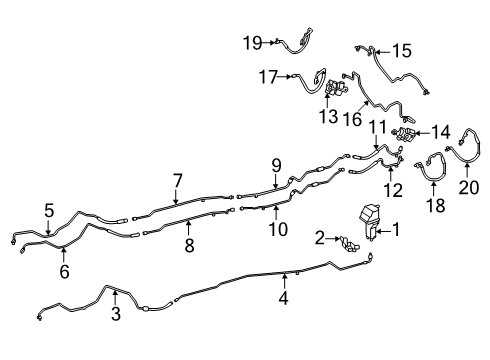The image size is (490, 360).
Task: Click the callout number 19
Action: (x=253, y=43)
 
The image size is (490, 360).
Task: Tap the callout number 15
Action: (x=402, y=51)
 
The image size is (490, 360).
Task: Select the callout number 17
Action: (x=268, y=77)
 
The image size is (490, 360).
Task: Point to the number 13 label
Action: (x=328, y=117)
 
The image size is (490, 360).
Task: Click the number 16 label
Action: (x=352, y=119)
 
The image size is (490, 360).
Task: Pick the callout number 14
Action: (x=440, y=132)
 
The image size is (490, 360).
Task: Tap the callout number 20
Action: (x=469, y=187)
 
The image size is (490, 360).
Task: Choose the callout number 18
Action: (x=435, y=205)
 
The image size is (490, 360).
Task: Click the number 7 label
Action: (x=178, y=181)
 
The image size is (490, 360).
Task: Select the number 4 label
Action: (x=283, y=298)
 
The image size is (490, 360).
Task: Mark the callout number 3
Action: (x=116, y=314)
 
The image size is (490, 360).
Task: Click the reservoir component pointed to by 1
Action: (x=369, y=221)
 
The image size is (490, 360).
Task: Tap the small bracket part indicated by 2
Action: (x=349, y=245)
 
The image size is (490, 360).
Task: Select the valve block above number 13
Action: (x=337, y=87)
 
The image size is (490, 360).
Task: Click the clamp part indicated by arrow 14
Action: (x=405, y=134)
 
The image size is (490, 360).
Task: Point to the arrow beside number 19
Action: (x=269, y=42)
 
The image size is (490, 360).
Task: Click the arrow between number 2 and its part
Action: (x=333, y=239)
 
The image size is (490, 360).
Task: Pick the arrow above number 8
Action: (x=188, y=227)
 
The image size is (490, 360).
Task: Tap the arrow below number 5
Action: (x=49, y=227)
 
